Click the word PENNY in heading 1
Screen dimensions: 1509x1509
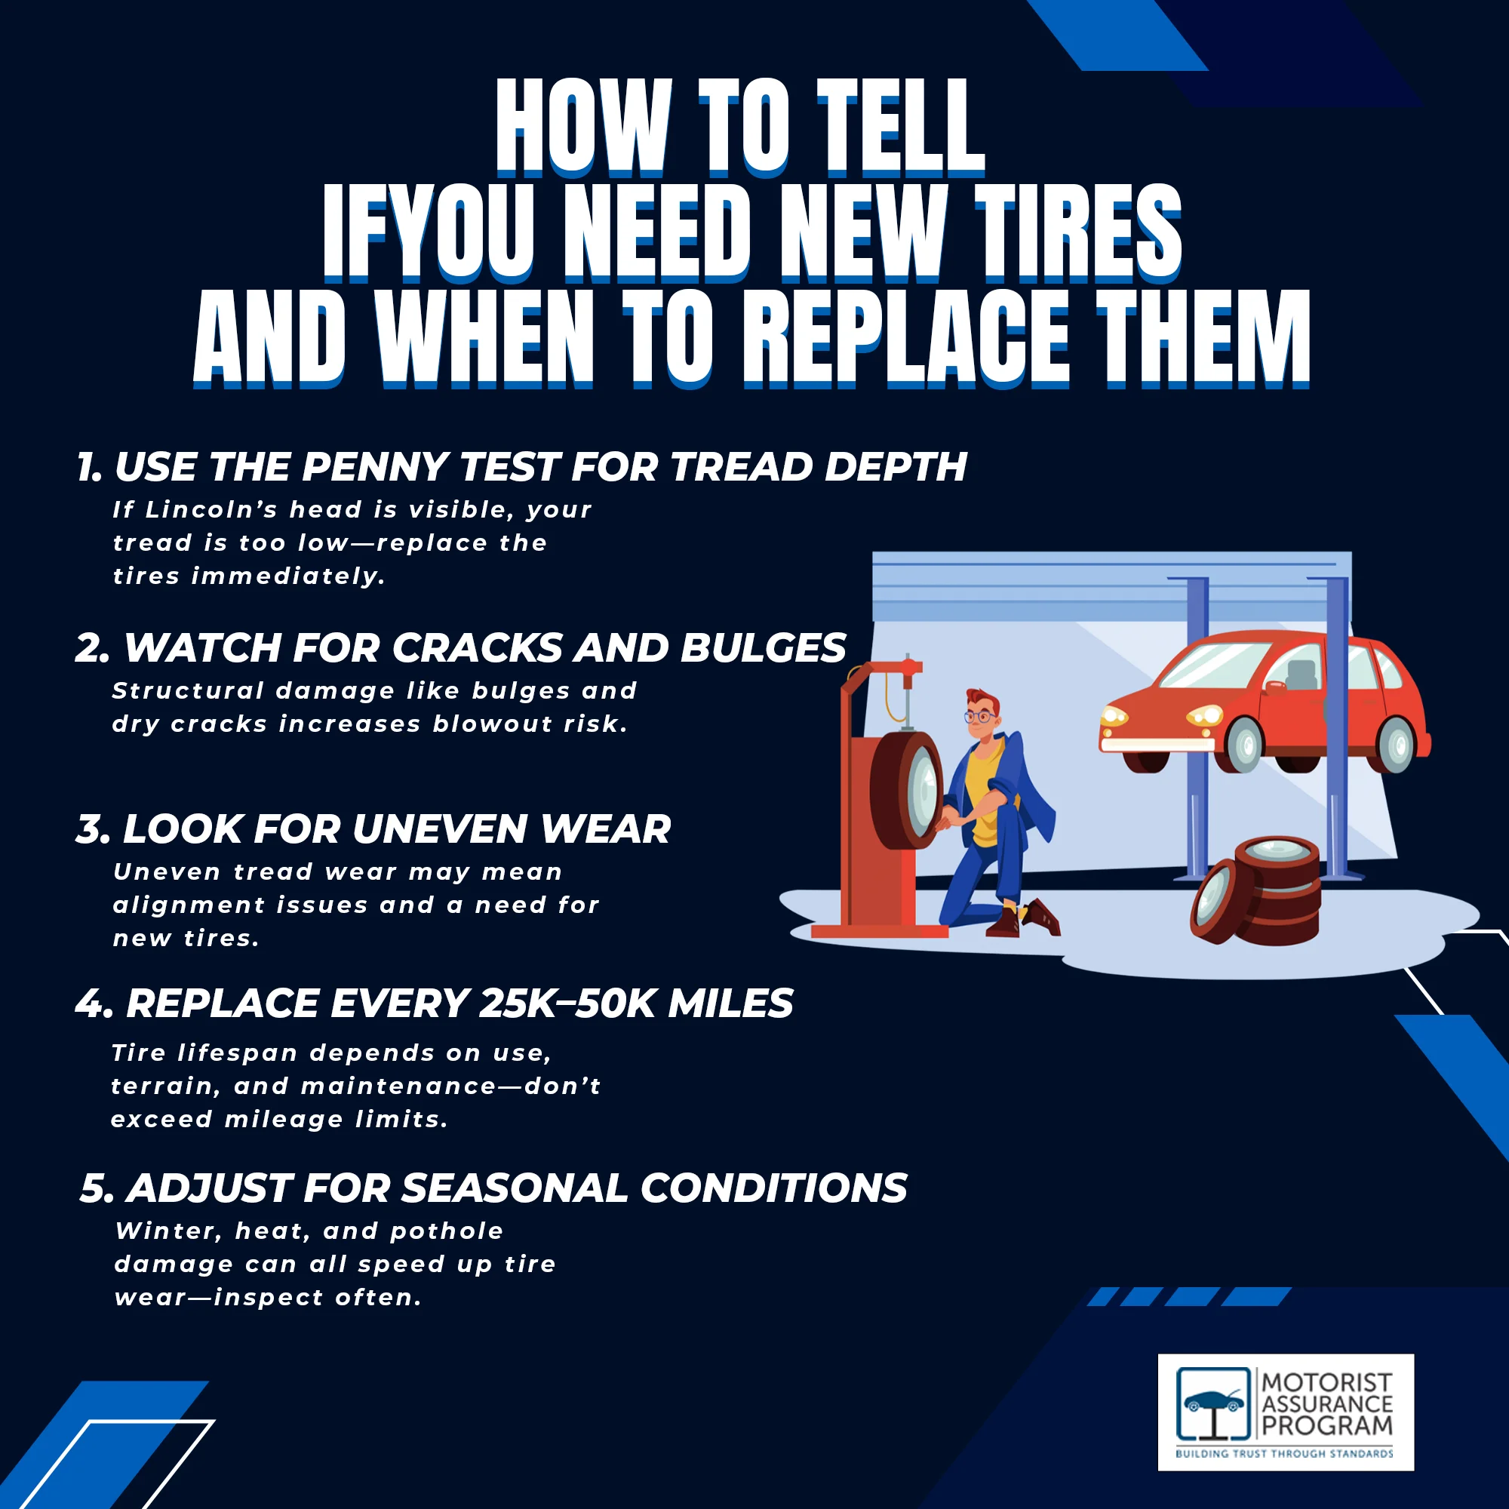point(375,467)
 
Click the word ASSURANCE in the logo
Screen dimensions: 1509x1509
point(1327,1403)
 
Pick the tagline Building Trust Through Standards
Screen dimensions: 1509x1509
point(1284,1454)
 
